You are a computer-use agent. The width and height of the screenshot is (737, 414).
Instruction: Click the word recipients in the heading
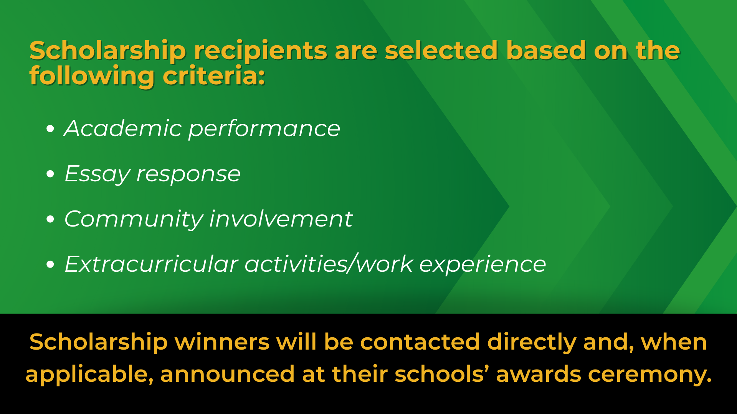(260, 51)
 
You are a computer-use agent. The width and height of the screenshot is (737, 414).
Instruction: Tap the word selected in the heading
(441, 51)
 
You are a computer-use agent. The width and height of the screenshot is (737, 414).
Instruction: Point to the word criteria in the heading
(214, 76)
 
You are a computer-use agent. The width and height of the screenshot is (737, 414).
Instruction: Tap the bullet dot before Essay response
(50, 174)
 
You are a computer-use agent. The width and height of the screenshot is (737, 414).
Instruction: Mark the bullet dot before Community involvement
(50, 219)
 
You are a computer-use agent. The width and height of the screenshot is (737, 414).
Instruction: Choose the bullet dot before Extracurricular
(50, 264)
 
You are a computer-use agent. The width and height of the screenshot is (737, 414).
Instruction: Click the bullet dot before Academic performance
(50, 129)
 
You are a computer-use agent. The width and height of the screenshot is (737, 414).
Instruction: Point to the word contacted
(420, 342)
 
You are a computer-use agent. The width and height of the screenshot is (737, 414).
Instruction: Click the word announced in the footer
(227, 374)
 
